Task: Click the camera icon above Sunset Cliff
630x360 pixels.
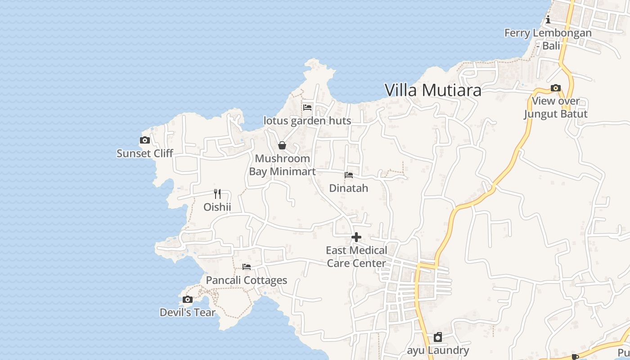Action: (144, 140)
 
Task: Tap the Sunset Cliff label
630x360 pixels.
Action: (144, 153)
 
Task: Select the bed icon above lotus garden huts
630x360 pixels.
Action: (307, 108)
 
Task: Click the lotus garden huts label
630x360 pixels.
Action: (307, 121)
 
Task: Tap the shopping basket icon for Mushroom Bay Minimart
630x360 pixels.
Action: (282, 145)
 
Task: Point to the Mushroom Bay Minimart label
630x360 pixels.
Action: (282, 165)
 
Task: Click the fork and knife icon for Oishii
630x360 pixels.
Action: (217, 194)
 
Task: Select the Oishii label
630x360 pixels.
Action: (217, 207)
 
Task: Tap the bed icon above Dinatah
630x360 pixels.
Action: (349, 175)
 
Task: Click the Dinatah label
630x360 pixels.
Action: (349, 188)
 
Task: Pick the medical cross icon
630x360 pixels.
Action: (356, 237)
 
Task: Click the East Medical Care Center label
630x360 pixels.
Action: (356, 256)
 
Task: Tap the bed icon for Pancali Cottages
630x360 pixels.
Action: (247, 267)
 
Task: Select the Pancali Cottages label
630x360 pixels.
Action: (247, 280)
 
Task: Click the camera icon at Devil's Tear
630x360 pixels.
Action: (188, 300)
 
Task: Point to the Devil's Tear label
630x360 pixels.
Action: (188, 312)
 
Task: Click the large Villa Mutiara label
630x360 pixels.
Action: (433, 90)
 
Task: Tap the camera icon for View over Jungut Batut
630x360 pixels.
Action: (556, 88)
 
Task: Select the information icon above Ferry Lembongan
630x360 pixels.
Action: (548, 20)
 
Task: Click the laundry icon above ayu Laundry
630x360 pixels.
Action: (438, 337)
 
